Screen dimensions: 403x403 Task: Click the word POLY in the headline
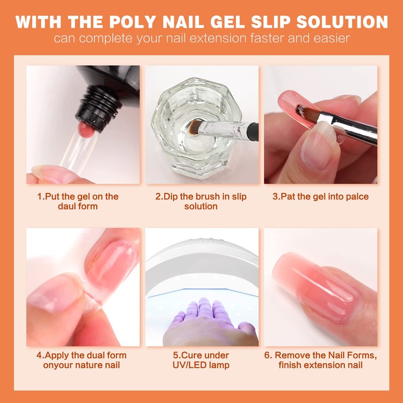coord(132,22)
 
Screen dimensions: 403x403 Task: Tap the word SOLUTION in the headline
coord(342,22)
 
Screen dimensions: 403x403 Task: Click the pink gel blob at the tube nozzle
coord(87,130)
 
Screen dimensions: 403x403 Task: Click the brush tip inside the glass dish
coord(194,127)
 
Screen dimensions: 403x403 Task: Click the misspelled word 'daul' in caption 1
coord(68,207)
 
